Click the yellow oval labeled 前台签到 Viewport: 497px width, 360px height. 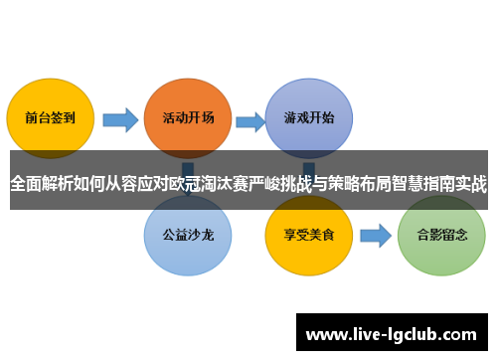[x=51, y=116]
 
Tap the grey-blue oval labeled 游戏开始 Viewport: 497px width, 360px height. [x=308, y=116]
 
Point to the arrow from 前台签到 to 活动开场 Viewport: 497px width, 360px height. [x=120, y=120]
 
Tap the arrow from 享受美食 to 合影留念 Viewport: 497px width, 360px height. [x=374, y=237]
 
